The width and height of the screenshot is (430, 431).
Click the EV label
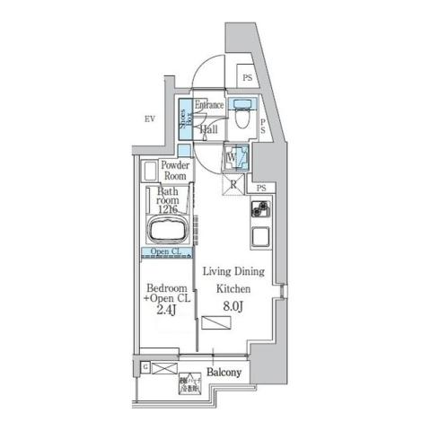[151, 118]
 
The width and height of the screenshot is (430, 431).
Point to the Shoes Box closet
[184, 122]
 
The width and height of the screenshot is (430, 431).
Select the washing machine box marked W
[233, 157]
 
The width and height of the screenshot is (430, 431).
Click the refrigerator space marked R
[233, 186]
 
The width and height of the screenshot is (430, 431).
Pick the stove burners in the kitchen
[260, 212]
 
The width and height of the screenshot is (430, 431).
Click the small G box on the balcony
[145, 367]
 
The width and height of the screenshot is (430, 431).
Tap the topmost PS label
[247, 78]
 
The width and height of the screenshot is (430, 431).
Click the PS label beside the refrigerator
[260, 188]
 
